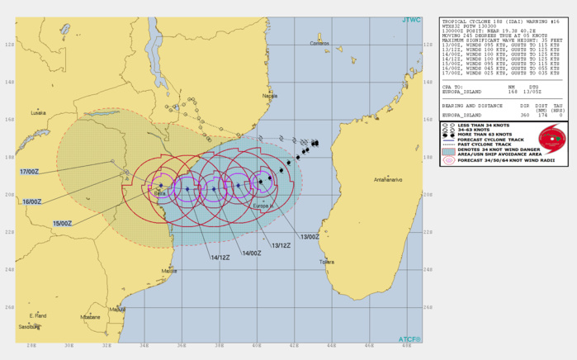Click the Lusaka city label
(38, 112)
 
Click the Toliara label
(328, 262)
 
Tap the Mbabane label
(90, 317)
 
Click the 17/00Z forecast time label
(30, 171)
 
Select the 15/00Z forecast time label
(63, 223)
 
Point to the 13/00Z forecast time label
(310, 237)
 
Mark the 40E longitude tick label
(258, 345)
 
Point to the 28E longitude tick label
(31, 345)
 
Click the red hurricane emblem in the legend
(550, 138)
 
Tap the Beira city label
(159, 192)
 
